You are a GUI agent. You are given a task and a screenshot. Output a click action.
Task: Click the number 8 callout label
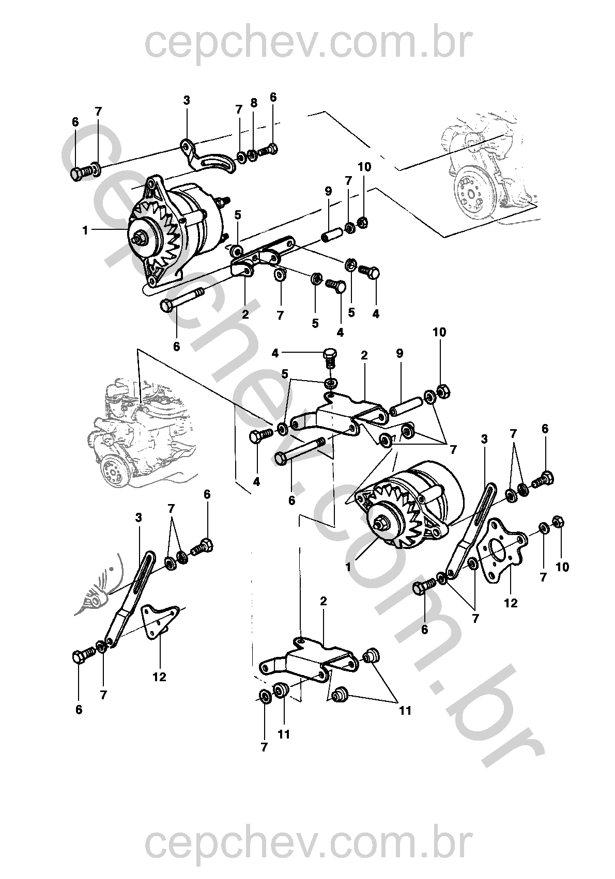click(x=254, y=103)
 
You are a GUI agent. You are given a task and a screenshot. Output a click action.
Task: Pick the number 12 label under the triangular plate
click(x=159, y=677)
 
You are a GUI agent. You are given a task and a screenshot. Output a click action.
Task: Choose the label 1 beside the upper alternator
click(x=86, y=231)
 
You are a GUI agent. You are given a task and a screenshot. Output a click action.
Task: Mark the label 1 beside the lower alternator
click(x=348, y=567)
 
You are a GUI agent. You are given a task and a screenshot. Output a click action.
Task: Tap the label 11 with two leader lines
click(x=405, y=711)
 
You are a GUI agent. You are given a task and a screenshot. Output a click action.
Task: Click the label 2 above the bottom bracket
click(x=324, y=601)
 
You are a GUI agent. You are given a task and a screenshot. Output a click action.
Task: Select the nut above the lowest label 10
click(x=558, y=522)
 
